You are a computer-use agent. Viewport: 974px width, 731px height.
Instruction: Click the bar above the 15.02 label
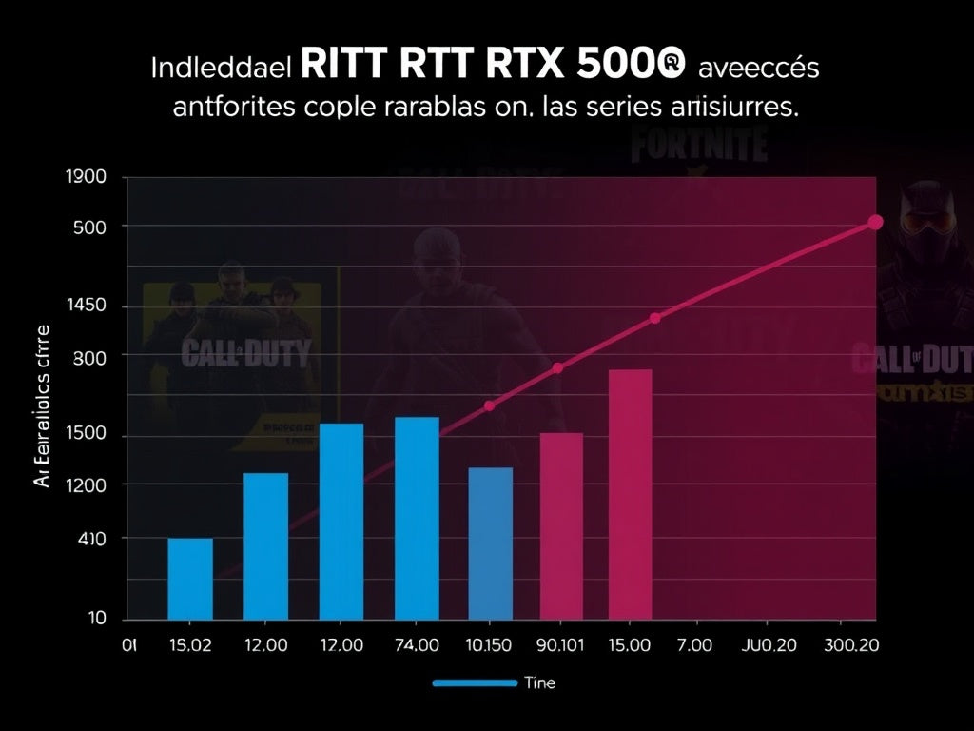pos(190,579)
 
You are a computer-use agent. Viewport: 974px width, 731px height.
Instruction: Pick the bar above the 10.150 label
pos(490,543)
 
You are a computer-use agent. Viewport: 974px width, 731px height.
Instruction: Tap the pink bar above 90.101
pos(561,526)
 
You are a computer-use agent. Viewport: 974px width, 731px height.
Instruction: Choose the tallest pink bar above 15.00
pos(630,494)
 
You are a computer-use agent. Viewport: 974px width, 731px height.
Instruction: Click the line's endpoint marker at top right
pos(876,223)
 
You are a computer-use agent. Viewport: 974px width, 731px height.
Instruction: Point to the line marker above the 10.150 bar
pos(490,406)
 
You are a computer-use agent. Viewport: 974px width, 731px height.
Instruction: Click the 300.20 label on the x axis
pos(851,645)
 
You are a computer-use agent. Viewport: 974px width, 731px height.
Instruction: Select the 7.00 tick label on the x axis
pos(694,645)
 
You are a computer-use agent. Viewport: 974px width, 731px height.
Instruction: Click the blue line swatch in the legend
pos(473,682)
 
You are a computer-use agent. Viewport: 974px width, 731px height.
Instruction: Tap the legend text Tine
pos(539,682)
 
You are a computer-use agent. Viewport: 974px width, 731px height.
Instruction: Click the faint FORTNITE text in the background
pos(698,145)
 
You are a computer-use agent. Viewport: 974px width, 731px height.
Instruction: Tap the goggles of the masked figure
pos(928,221)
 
